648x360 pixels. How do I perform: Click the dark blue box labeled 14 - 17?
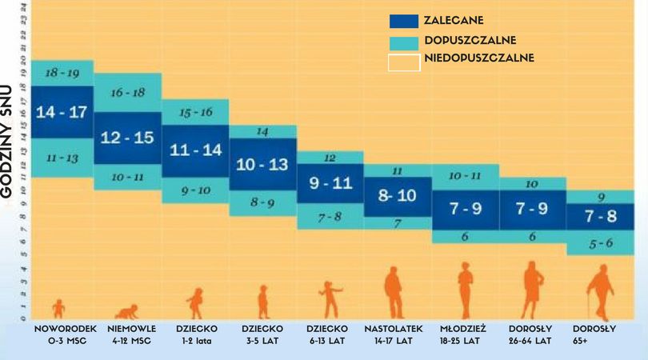click(61, 112)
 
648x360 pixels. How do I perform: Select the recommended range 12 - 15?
click(128, 138)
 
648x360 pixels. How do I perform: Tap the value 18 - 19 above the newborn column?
click(61, 73)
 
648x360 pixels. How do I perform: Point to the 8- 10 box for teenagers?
click(397, 195)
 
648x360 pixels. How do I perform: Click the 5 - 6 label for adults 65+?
click(600, 243)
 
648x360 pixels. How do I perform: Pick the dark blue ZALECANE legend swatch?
click(404, 21)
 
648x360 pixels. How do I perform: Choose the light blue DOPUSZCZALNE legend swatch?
click(404, 41)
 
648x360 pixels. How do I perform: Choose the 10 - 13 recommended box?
click(263, 165)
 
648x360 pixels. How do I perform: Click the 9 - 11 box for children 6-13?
click(330, 183)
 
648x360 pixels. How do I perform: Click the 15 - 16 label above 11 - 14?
click(196, 111)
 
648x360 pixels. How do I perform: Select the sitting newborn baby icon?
click(58, 309)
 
